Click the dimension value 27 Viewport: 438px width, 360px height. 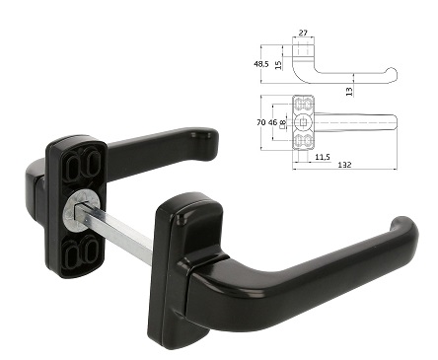click(x=303, y=33)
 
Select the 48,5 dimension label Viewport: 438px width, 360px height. click(x=261, y=64)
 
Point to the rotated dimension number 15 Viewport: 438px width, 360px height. click(x=278, y=65)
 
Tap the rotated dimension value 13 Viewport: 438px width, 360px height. click(x=349, y=92)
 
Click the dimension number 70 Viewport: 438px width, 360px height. click(x=261, y=122)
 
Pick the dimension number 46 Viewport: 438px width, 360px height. click(x=272, y=122)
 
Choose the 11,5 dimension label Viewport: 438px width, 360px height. click(x=323, y=157)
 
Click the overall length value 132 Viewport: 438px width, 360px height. click(x=344, y=165)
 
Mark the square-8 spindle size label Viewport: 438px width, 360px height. click(x=282, y=123)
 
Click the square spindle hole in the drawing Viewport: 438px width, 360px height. click(x=303, y=122)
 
